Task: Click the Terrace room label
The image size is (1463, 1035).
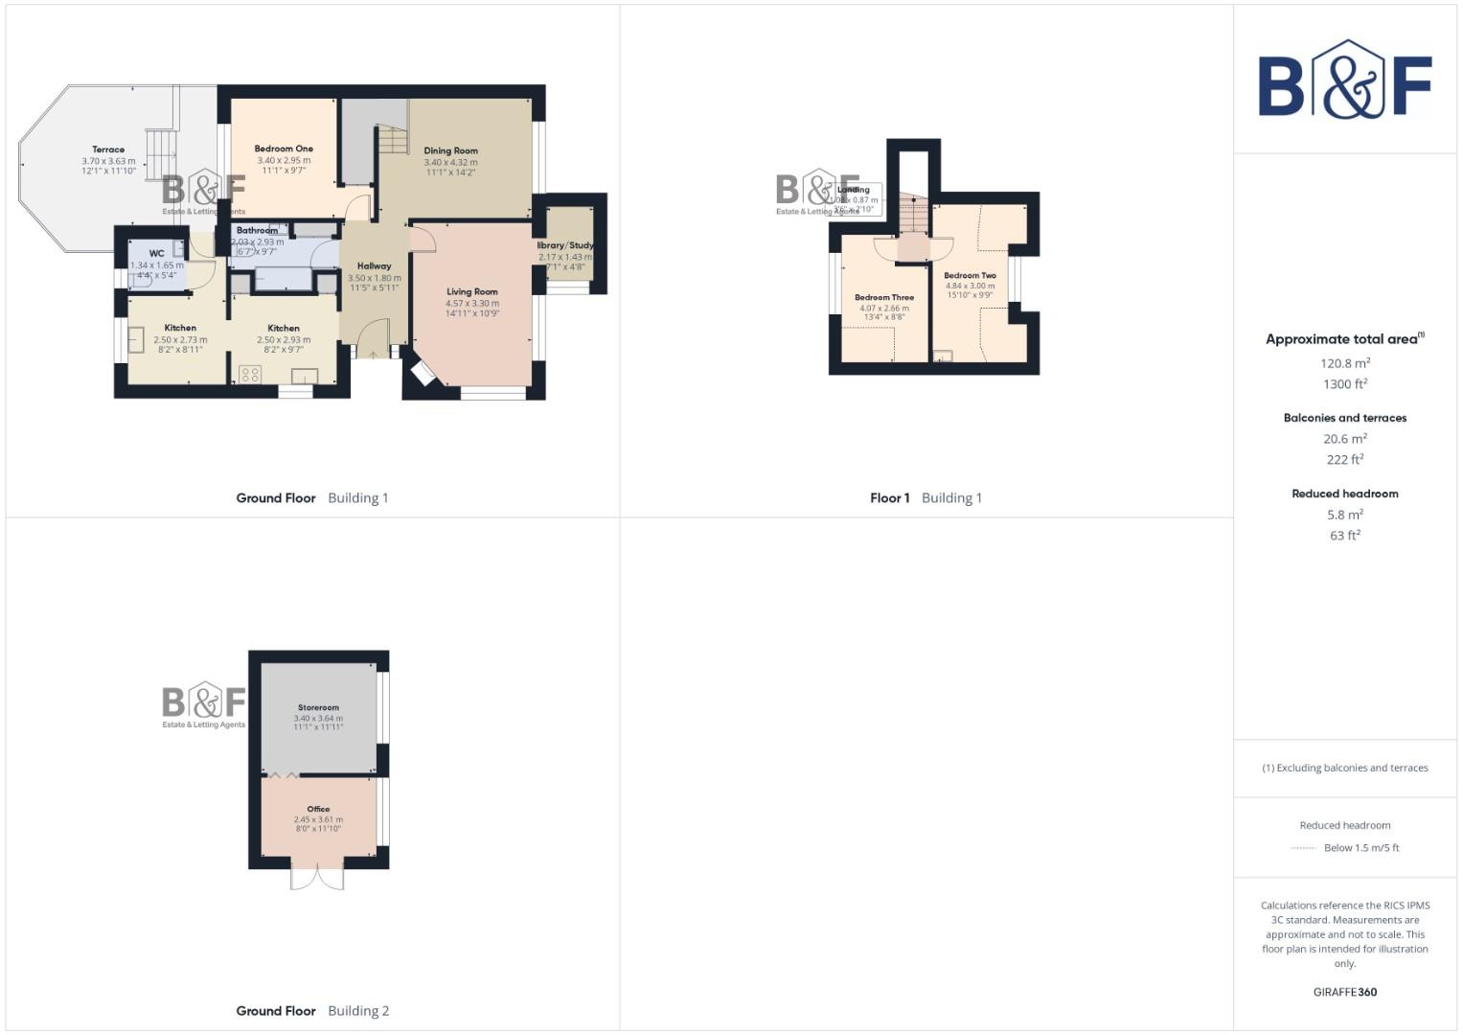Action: click(108, 149)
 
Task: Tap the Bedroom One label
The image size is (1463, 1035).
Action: click(284, 149)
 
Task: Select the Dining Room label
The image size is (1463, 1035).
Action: click(450, 150)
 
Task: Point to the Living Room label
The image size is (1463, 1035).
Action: click(471, 291)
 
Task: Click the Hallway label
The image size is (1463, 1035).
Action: click(374, 265)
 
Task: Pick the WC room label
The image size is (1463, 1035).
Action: click(156, 254)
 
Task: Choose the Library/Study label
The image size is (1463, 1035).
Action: click(565, 245)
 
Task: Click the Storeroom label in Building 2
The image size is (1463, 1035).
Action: click(318, 707)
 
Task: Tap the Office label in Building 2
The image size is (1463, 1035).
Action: click(318, 809)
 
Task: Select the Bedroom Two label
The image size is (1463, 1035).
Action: click(970, 275)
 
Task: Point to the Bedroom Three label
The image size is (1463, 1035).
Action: click(884, 297)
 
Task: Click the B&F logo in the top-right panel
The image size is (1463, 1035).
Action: click(1344, 80)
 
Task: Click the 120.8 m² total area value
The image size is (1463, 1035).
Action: click(1345, 363)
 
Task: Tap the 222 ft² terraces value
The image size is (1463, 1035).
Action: click(1345, 460)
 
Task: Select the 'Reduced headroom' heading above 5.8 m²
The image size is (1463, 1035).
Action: click(1345, 494)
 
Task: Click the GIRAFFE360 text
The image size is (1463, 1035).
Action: click(1345, 992)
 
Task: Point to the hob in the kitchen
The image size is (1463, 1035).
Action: click(251, 374)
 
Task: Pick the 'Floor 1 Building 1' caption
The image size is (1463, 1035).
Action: click(926, 498)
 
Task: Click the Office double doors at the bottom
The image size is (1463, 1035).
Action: click(317, 878)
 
